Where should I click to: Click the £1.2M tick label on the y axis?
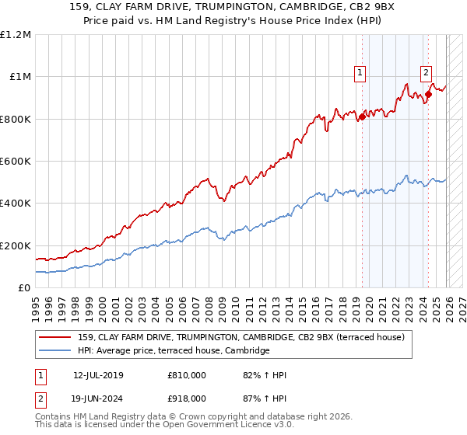pos(16,35)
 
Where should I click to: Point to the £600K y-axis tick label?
pos(16,162)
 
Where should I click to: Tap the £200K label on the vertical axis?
pos(16,245)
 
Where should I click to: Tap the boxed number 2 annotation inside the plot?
pos(427,73)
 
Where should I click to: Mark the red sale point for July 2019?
pos(362,117)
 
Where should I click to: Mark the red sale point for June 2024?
pos(428,95)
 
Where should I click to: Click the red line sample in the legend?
pos(55,338)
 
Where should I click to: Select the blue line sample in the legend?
pos(55,351)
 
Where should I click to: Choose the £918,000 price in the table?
pos(187,398)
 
